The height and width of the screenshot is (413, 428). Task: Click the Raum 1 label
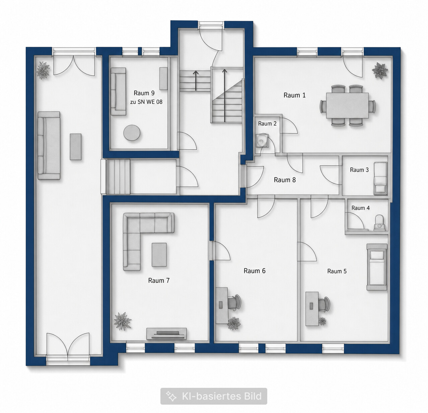point(294,95)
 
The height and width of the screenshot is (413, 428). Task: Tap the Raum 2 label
point(267,124)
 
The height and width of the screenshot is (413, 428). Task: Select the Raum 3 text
point(359,170)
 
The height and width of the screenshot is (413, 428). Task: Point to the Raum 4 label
point(360,208)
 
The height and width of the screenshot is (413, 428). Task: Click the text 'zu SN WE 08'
point(146,102)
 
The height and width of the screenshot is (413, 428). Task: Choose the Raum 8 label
point(285,180)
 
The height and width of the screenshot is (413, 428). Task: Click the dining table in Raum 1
point(348,105)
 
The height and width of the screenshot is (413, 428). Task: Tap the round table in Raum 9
point(132,133)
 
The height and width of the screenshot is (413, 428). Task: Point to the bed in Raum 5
point(377,267)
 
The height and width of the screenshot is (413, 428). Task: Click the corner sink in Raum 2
point(262,140)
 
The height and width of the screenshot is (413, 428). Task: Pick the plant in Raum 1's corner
point(380,70)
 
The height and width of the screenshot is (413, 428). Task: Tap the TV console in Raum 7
point(167,334)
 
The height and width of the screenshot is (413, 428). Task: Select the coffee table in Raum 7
point(159,255)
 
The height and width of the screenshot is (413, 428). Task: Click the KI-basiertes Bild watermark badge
point(214,396)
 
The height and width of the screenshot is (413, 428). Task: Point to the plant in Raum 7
point(123,321)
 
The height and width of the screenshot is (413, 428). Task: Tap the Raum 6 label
point(255,271)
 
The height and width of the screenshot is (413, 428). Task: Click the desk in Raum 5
point(312,309)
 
